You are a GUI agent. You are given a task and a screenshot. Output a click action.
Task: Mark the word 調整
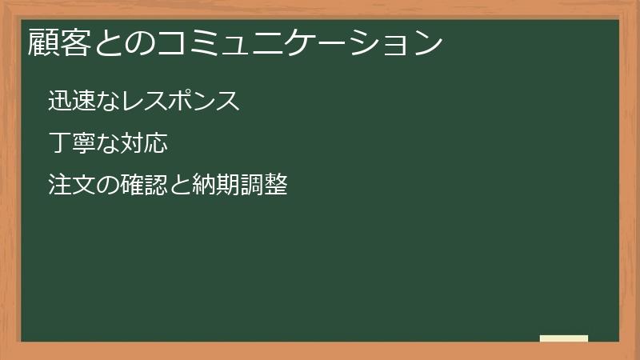pyautogui.click(x=267, y=186)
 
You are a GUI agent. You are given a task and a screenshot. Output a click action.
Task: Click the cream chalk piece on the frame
pyautogui.click(x=564, y=338)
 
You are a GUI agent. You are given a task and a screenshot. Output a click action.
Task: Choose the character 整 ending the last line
pyautogui.click(x=278, y=186)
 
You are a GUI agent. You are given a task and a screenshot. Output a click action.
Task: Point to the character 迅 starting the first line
pyautogui.click(x=58, y=102)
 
